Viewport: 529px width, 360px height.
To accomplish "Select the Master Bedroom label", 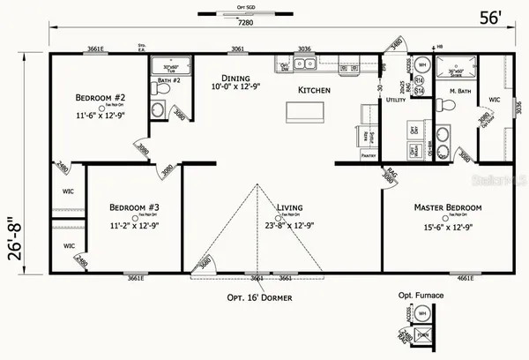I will click(448, 207).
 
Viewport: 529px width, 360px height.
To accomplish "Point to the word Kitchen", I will click(313, 91).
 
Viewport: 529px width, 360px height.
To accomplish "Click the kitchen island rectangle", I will click(304, 112).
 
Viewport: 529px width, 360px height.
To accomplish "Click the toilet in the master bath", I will click(448, 105).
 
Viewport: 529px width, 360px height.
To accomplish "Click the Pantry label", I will click(369, 154).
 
